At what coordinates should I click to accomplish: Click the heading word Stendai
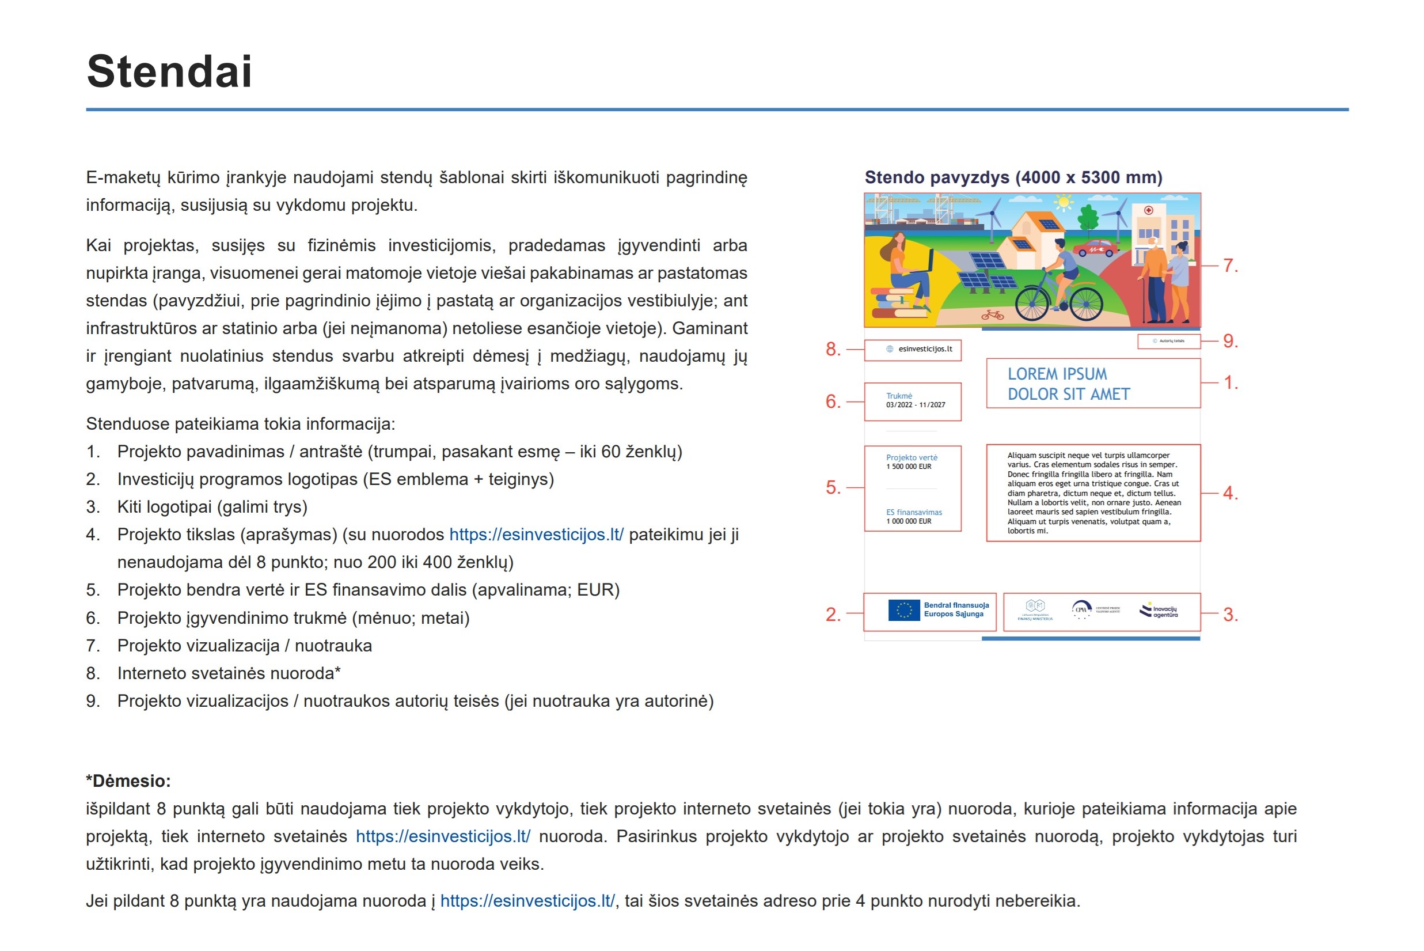pyautogui.click(x=169, y=71)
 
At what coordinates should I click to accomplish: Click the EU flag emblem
pyautogui.click(x=903, y=609)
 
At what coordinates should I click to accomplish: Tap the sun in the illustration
pyautogui.click(x=1064, y=202)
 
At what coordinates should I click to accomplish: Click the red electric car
pyautogui.click(x=1095, y=248)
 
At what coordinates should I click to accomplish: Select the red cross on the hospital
pyautogui.click(x=1148, y=210)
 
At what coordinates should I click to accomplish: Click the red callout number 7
pyautogui.click(x=1230, y=266)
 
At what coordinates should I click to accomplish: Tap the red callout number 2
pyautogui.click(x=833, y=615)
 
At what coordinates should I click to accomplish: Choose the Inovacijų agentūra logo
pyautogui.click(x=1159, y=611)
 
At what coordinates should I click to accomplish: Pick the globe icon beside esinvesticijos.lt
pyautogui.click(x=889, y=349)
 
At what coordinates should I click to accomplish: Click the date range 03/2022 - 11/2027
pyautogui.click(x=916, y=405)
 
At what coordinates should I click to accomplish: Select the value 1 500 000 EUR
pyautogui.click(x=909, y=467)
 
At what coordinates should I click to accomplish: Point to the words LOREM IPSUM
pyautogui.click(x=1057, y=374)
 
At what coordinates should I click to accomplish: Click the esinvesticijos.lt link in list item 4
pyautogui.click(x=536, y=535)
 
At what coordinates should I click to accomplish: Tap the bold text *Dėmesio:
pyautogui.click(x=128, y=780)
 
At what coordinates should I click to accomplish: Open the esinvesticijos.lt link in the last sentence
pyautogui.click(x=527, y=901)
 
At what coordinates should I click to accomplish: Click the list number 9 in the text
pyautogui.click(x=93, y=701)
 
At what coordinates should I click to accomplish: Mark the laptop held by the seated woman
pyautogui.click(x=922, y=264)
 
